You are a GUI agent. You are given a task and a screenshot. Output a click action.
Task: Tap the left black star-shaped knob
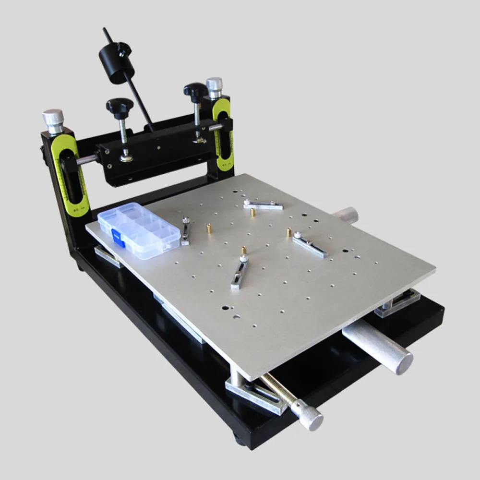(120, 106)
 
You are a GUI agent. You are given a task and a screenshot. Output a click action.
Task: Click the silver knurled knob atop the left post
(53, 120)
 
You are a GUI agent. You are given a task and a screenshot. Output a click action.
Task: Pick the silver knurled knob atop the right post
(214, 87)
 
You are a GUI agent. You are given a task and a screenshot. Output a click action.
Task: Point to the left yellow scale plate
(71, 175)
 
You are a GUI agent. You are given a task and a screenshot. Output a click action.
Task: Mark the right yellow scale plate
(223, 134)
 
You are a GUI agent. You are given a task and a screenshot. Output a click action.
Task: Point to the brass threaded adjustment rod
(278, 389)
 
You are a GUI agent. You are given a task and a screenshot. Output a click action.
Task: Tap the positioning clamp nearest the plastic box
(185, 231)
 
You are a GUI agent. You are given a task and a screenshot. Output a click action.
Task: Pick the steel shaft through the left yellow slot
(86, 159)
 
